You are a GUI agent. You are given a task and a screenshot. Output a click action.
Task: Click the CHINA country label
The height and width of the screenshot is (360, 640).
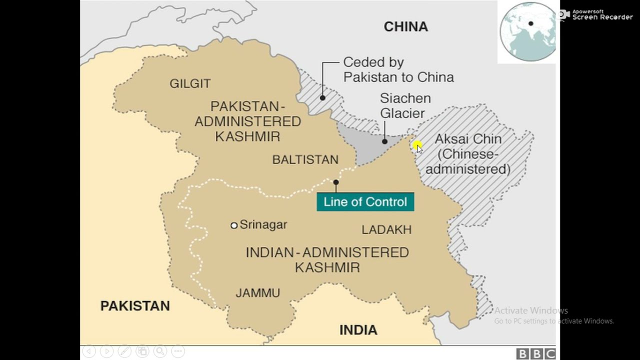[405, 27]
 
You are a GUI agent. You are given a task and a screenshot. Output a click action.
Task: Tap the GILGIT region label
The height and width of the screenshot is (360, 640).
[190, 83]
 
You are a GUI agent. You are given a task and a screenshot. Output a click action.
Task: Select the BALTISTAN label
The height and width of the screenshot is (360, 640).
[305, 159]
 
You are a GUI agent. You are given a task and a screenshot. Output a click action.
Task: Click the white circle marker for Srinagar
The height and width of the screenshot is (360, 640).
[234, 225]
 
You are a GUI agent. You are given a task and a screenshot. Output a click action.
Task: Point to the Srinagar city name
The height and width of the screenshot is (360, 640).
[263, 224]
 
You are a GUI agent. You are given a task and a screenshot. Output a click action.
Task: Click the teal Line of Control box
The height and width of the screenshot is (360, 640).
[365, 202]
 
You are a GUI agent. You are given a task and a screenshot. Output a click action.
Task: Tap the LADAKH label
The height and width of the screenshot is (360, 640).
[386, 229]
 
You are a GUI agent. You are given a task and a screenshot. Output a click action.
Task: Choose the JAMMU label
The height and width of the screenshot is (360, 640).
[257, 293]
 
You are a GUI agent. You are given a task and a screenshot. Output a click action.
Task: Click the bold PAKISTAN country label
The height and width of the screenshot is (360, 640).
[135, 306]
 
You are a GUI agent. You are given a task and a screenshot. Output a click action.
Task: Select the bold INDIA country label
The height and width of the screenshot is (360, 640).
[358, 330]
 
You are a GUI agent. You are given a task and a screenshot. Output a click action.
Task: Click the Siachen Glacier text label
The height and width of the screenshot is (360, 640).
[405, 105]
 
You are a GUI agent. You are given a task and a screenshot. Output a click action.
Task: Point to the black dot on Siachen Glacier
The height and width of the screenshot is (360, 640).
[384, 141]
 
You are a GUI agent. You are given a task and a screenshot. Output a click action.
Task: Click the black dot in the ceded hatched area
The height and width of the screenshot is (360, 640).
[322, 97]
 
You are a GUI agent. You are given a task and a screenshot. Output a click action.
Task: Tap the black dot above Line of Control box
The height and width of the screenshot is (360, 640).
[336, 182]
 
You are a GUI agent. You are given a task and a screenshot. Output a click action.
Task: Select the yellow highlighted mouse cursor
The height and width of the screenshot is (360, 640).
[417, 146]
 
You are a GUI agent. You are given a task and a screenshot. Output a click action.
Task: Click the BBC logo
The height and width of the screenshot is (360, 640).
[536, 353]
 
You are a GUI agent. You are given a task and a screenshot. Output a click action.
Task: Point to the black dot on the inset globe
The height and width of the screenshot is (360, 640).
[530, 23]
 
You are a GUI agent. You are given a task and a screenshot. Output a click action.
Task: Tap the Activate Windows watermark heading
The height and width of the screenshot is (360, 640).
[531, 310]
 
